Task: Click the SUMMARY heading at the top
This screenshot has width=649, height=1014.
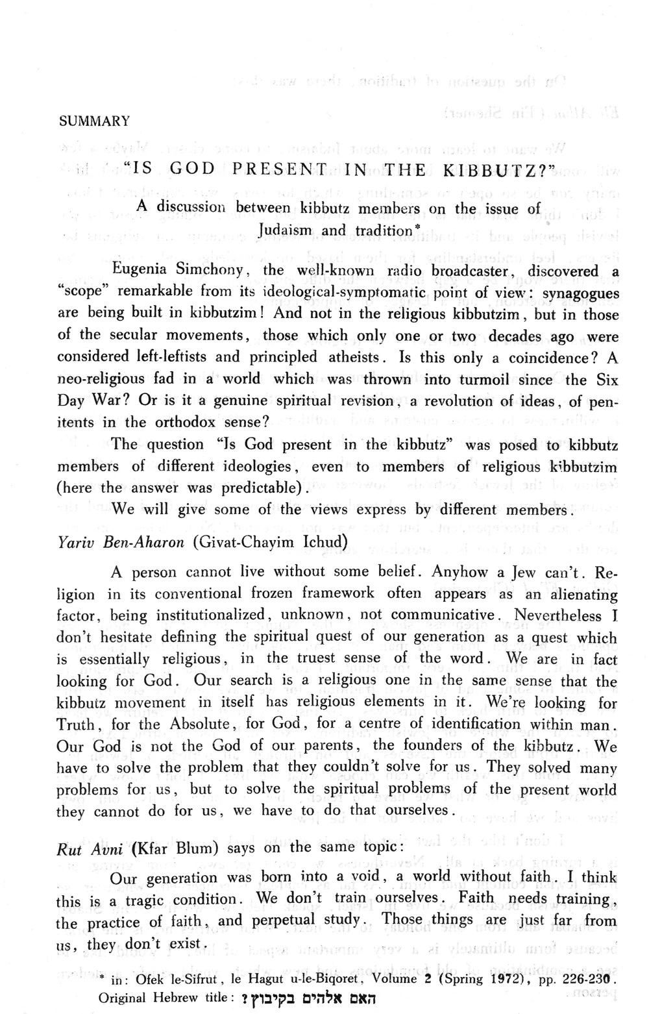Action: [94, 121]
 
